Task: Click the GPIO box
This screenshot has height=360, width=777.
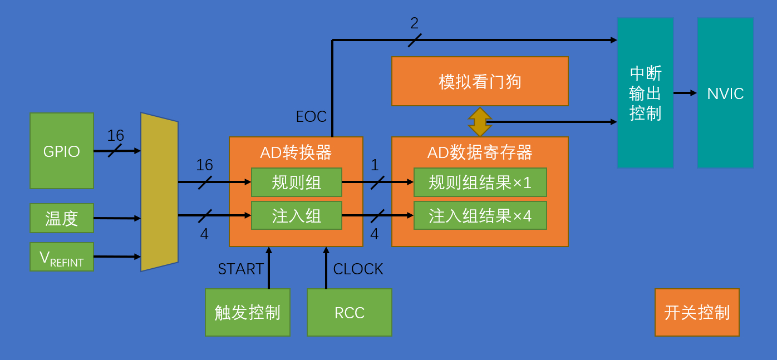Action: click(x=61, y=151)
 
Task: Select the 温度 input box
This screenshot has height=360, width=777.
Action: click(x=61, y=218)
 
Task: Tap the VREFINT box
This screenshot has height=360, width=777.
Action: click(x=61, y=257)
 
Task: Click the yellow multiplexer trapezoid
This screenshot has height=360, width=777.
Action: click(x=159, y=192)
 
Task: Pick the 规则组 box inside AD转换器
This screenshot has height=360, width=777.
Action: click(x=296, y=182)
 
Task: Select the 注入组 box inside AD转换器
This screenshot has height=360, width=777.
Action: click(x=296, y=215)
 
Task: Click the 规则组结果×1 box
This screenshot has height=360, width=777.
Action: click(x=480, y=182)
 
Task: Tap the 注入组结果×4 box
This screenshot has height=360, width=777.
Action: click(x=480, y=215)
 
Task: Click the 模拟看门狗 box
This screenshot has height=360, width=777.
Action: click(x=480, y=81)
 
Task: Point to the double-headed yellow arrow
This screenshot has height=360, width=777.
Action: click(x=479, y=122)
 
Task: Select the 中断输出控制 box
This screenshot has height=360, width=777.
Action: click(x=645, y=93)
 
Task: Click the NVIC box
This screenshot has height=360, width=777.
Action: click(x=725, y=93)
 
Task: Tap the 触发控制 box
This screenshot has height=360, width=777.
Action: click(x=247, y=312)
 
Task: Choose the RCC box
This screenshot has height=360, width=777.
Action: click(x=349, y=312)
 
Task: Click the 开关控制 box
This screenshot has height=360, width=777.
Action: click(x=697, y=312)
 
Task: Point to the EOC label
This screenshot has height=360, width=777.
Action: click(x=311, y=117)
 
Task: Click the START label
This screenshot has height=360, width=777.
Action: click(x=240, y=269)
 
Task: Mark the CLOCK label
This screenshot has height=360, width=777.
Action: click(x=358, y=269)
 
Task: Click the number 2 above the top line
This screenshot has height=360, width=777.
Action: click(x=414, y=23)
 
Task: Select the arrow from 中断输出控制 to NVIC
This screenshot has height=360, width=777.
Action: click(x=685, y=93)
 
